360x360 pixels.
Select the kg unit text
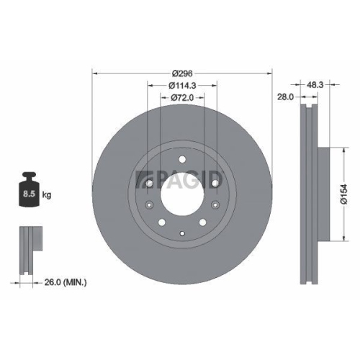coord(47,194)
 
